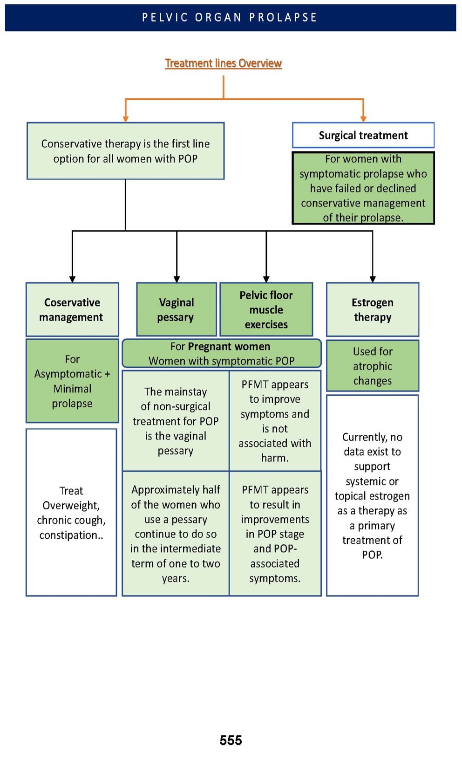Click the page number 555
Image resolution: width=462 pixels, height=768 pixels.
point(231,740)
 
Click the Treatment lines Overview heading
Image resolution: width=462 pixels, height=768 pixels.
point(223,63)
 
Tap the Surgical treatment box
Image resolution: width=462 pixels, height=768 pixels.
point(363,135)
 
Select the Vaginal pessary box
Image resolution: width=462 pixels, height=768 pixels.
point(176,309)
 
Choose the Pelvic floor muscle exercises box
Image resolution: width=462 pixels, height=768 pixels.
point(266,309)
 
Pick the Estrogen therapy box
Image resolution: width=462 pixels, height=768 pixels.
point(373,309)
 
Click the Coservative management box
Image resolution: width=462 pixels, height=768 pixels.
point(72,309)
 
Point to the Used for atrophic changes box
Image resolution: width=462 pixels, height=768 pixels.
point(373,366)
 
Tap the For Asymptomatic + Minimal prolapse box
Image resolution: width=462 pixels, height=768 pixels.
point(72,381)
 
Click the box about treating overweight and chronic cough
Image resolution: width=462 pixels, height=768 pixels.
point(71,512)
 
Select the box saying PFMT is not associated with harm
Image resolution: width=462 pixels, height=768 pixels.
point(275,421)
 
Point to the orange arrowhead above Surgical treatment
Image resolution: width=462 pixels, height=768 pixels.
point(363,119)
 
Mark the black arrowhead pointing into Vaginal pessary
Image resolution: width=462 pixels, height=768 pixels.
point(177,279)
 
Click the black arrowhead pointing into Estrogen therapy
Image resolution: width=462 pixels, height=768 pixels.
point(373,279)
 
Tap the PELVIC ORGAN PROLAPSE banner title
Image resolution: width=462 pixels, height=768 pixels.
point(230,18)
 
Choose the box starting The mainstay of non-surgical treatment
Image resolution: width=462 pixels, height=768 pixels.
point(176,421)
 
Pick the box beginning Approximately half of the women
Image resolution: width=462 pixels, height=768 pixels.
point(176,534)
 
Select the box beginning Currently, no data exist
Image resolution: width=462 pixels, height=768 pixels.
point(373,495)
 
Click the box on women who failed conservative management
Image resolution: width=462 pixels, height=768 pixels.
point(363,188)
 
